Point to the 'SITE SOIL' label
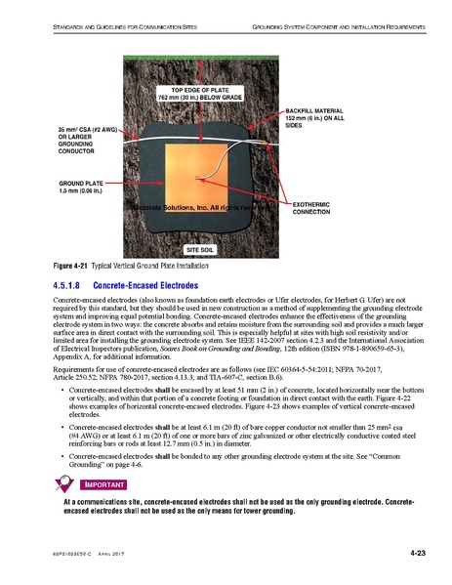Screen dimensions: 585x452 199,250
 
